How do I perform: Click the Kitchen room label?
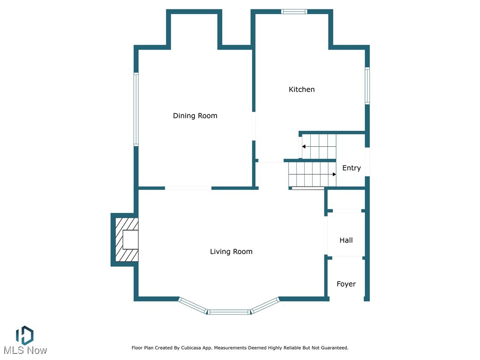coord(301,90)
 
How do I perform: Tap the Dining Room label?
coord(195,116)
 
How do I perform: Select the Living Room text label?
coord(231,252)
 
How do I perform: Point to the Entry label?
coord(351,168)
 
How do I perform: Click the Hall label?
coord(346,240)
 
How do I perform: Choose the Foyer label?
coord(346,284)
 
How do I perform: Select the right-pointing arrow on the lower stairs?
coord(334,174)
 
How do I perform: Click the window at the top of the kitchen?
coord(294,11)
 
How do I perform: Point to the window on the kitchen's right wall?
coord(367,86)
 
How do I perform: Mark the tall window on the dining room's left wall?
coord(136,109)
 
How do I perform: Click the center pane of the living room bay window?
coord(228,312)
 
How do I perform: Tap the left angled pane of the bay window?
coord(193,305)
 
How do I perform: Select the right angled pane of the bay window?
coord(265,305)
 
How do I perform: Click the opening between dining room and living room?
coord(188,188)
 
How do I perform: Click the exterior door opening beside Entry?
coord(367,162)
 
